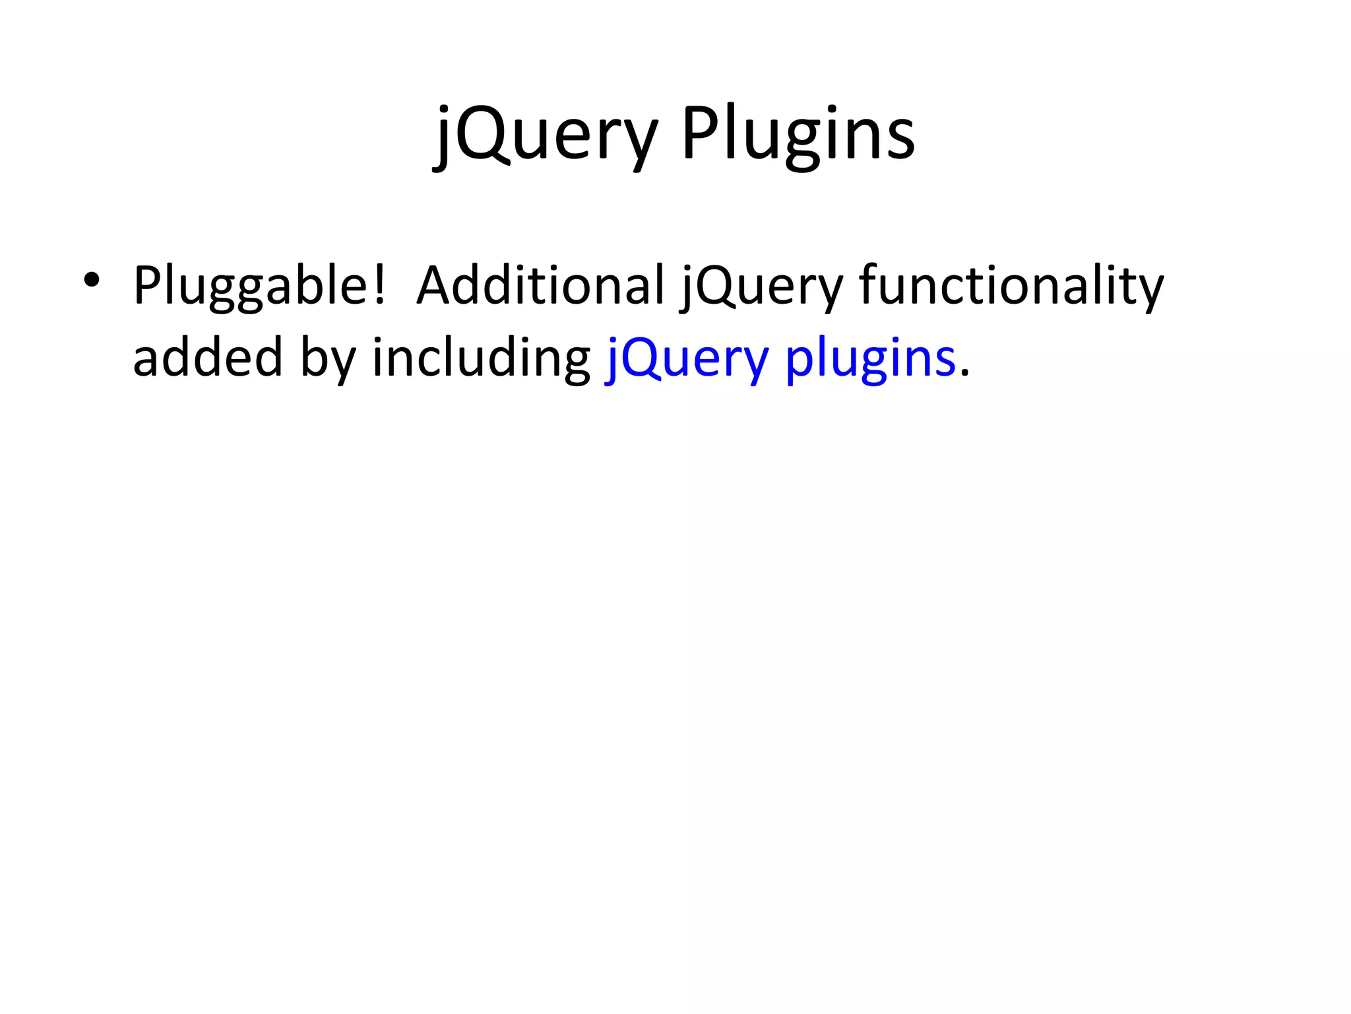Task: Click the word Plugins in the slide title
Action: click(x=798, y=135)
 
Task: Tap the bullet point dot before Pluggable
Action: click(x=92, y=280)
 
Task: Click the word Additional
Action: click(x=540, y=285)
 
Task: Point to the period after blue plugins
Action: click(x=964, y=374)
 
